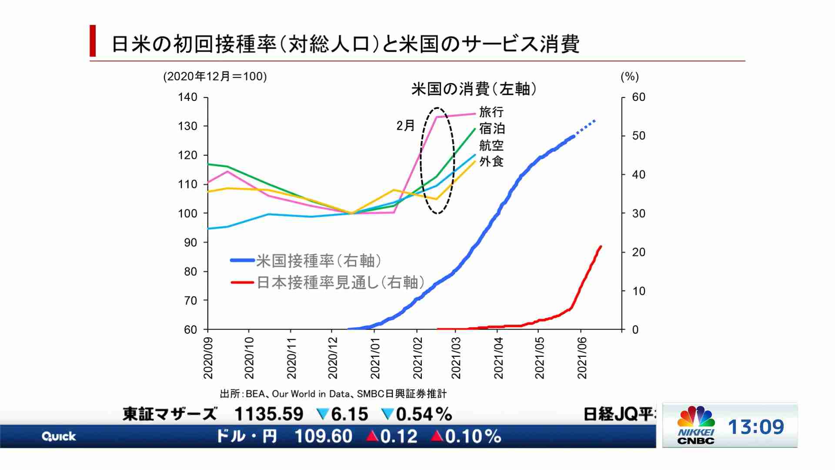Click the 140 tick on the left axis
click(x=187, y=97)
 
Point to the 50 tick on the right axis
click(x=638, y=136)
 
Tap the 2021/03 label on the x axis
click(x=456, y=358)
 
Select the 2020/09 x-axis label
click(x=208, y=358)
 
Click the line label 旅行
click(x=491, y=112)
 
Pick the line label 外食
click(x=491, y=161)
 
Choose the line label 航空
click(x=491, y=145)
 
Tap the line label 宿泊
click(x=492, y=129)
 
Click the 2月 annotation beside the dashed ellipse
click(x=405, y=126)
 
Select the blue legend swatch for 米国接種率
click(x=242, y=261)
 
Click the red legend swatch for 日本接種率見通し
click(x=242, y=282)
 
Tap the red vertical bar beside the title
click(x=93, y=41)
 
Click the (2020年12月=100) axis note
click(x=215, y=77)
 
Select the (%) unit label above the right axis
click(x=629, y=77)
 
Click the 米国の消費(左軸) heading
click(x=474, y=89)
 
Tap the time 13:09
click(x=756, y=427)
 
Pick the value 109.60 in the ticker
click(x=323, y=436)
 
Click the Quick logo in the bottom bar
click(x=59, y=436)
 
